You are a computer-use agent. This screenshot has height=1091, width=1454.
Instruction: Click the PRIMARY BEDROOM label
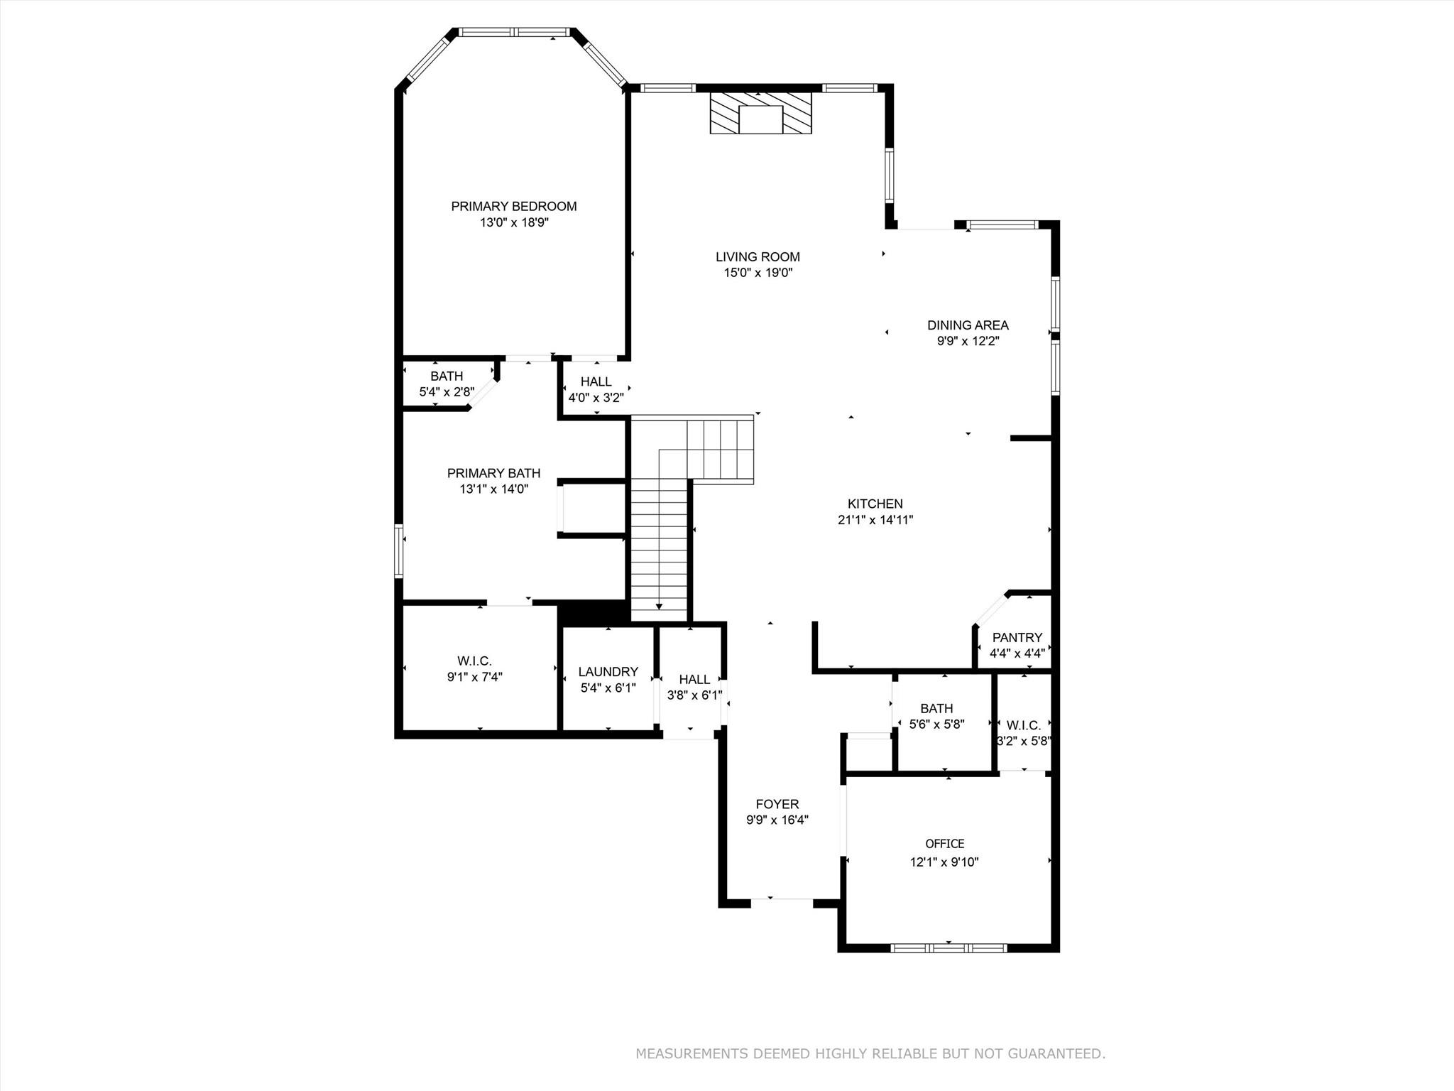(x=513, y=207)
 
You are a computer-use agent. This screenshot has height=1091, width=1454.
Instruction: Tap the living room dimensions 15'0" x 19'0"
(x=758, y=273)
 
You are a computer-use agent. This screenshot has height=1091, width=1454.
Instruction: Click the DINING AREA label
(x=968, y=325)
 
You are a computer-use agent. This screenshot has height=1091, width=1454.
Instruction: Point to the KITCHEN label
(x=875, y=504)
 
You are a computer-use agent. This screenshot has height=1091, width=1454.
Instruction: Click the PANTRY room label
(x=1017, y=638)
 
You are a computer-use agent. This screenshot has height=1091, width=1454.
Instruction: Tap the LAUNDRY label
(x=608, y=672)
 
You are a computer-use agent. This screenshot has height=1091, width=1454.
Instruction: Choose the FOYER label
(x=777, y=804)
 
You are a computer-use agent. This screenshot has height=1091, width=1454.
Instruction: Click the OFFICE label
(x=944, y=844)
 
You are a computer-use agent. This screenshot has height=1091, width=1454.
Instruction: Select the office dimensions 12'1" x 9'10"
(x=944, y=862)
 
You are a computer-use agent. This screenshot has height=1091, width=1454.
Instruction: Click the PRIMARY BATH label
(x=493, y=473)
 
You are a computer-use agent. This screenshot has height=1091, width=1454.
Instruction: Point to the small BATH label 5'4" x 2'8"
(x=446, y=376)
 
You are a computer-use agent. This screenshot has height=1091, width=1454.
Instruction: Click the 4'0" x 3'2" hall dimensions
(x=596, y=398)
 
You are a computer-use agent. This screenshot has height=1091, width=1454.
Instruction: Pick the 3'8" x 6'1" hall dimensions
(x=694, y=695)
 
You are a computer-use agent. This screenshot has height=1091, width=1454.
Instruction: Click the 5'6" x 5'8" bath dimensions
(x=936, y=724)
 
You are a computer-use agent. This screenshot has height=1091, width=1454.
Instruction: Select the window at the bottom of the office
(x=949, y=948)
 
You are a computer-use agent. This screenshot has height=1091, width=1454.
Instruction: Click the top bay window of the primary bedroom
(x=514, y=32)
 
